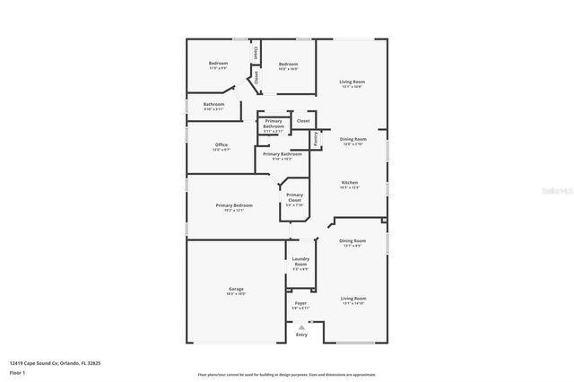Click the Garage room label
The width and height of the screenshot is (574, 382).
(236, 289)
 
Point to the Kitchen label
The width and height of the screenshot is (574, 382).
(350, 182)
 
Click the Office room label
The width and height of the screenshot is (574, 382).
(221, 144)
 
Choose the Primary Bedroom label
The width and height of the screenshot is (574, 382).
(234, 205)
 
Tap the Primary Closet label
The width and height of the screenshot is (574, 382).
(295, 197)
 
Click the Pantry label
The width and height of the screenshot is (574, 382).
(317, 139)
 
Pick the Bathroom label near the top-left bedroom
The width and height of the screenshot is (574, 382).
(213, 104)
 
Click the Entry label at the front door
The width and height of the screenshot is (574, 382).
(301, 334)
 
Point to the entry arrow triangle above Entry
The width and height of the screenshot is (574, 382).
(301, 326)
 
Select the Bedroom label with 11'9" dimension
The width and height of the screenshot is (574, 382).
(218, 63)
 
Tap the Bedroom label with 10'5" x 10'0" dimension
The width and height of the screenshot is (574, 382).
(288, 64)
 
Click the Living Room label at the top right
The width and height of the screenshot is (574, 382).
(352, 82)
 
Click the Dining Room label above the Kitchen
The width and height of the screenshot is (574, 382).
(352, 139)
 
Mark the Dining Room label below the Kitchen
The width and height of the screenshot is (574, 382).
(352, 240)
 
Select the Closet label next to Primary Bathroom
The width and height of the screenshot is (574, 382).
(303, 120)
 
